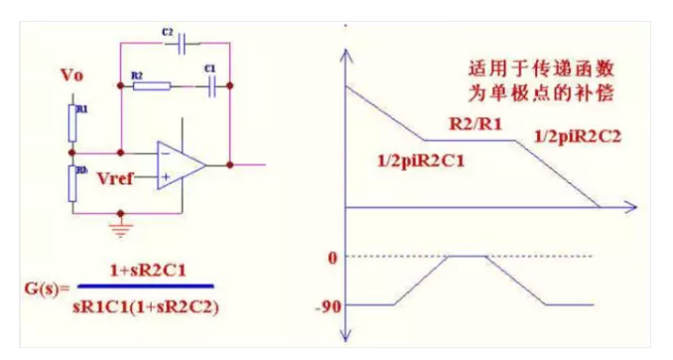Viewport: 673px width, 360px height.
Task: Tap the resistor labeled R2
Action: pos(151,86)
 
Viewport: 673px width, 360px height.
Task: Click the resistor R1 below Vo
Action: pos(72,121)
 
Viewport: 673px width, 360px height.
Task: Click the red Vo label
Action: pos(73,75)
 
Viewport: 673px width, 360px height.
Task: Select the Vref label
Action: pos(116,180)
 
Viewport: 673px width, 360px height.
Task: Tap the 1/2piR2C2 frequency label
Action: pos(577,136)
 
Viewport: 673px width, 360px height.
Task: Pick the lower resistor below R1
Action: pos(72,183)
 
